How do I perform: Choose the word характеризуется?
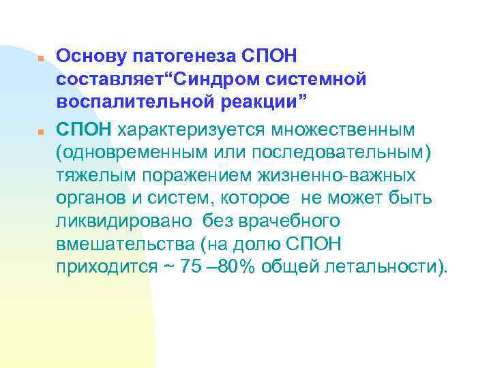tap(181, 127)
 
